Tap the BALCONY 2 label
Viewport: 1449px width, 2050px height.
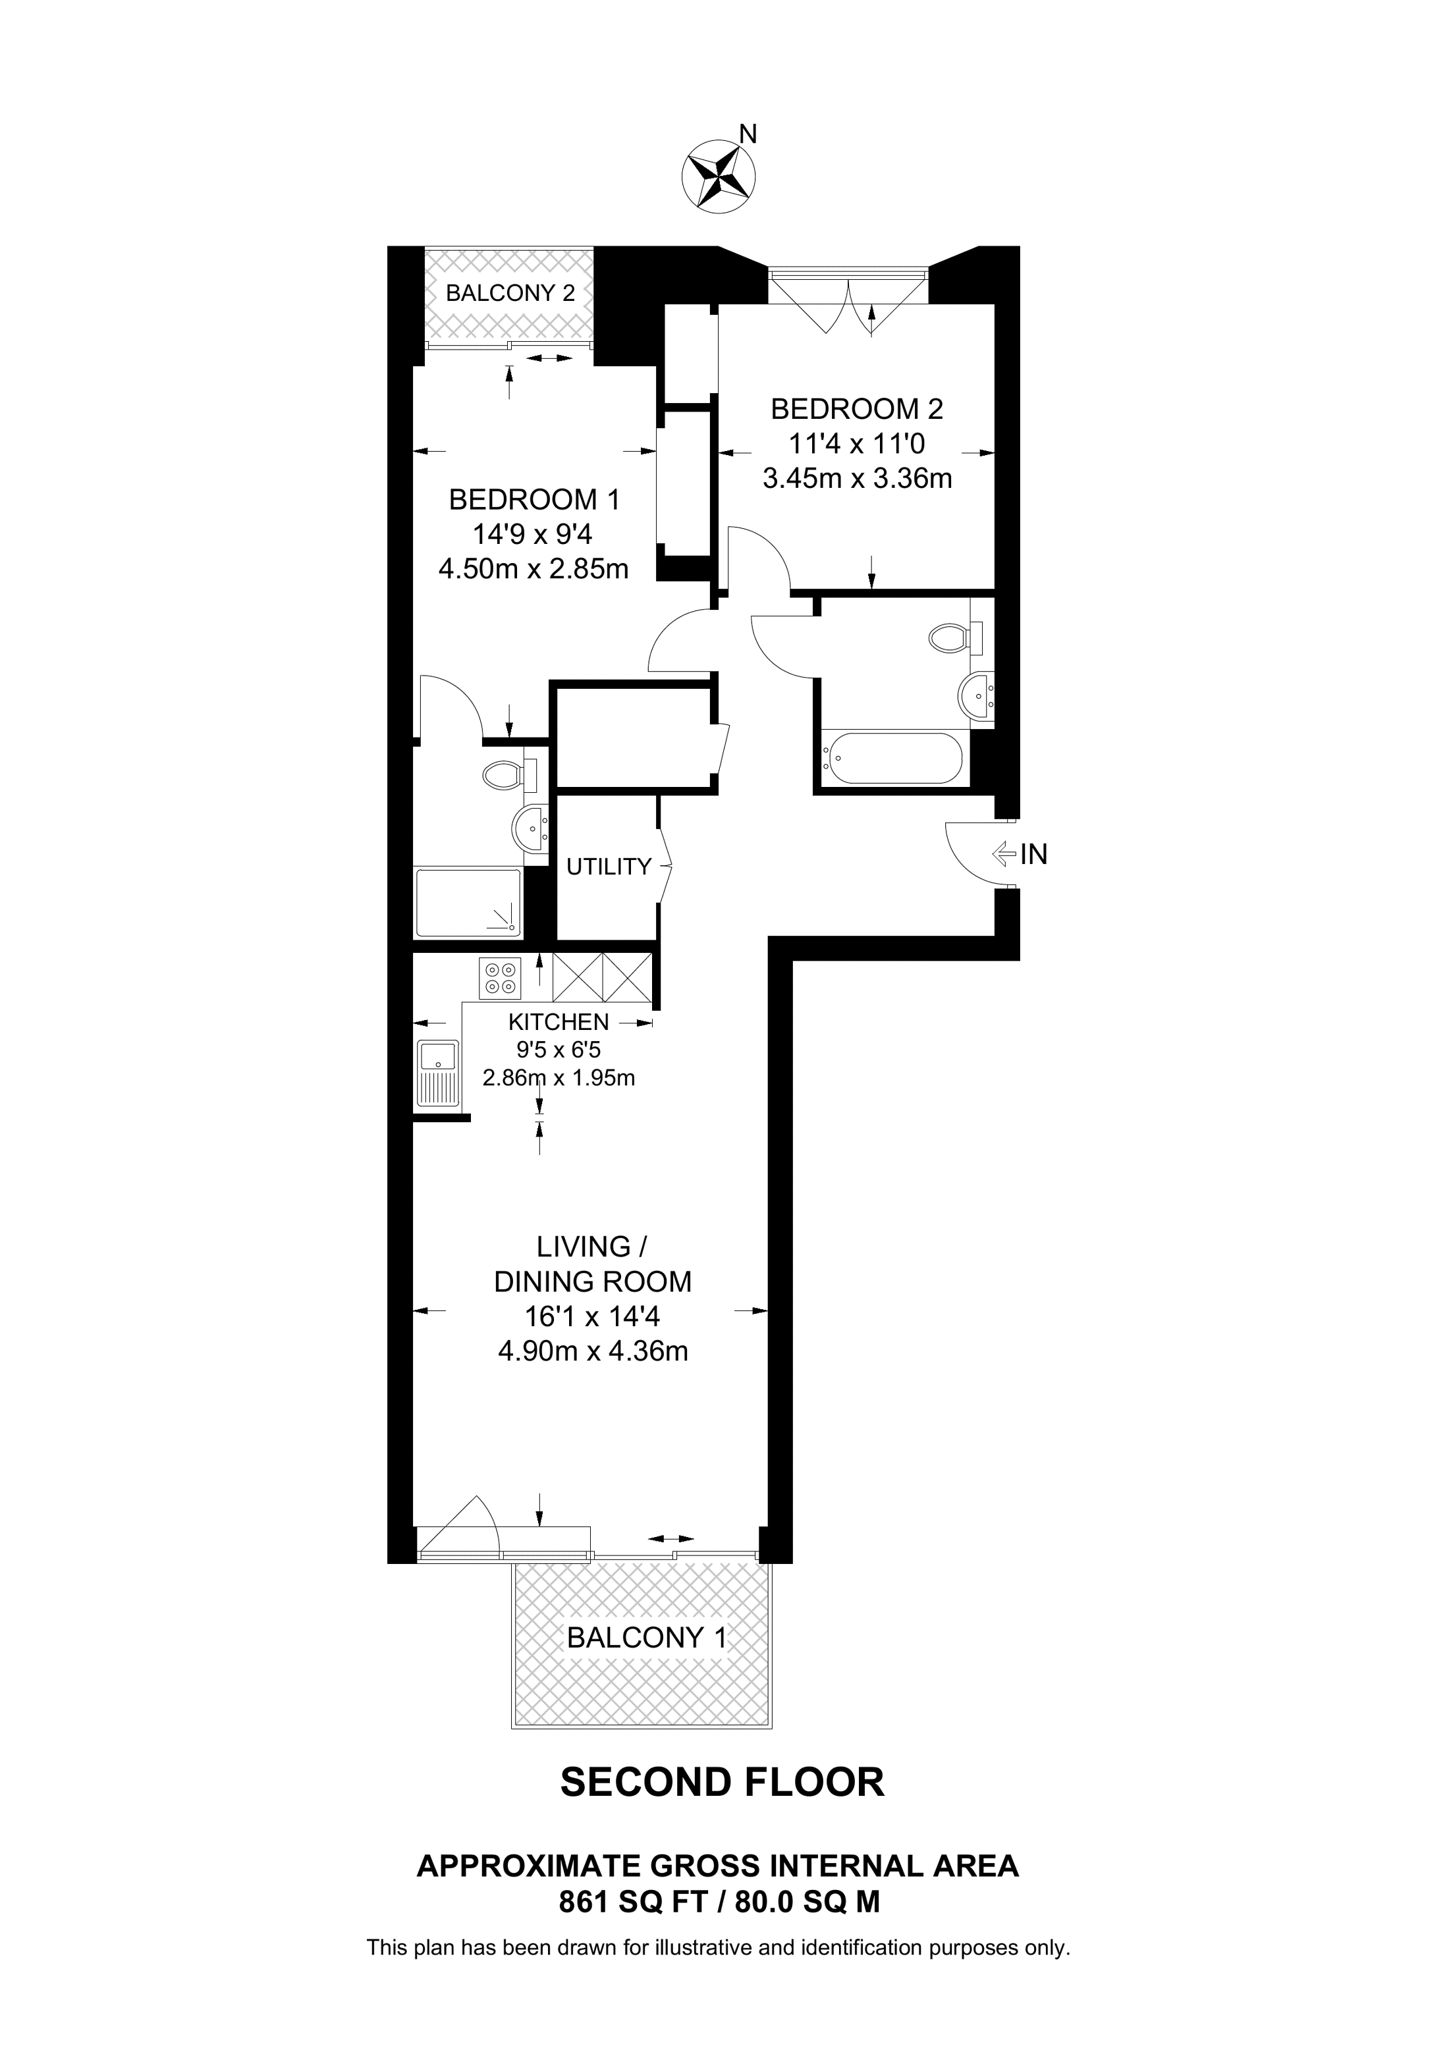510,293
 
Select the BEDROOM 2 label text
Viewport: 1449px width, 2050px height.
856,409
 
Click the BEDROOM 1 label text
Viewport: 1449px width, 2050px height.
534,499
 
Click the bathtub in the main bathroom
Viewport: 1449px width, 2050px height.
893,758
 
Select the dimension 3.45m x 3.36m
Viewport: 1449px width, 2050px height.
856,479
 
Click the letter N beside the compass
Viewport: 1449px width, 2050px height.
748,134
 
